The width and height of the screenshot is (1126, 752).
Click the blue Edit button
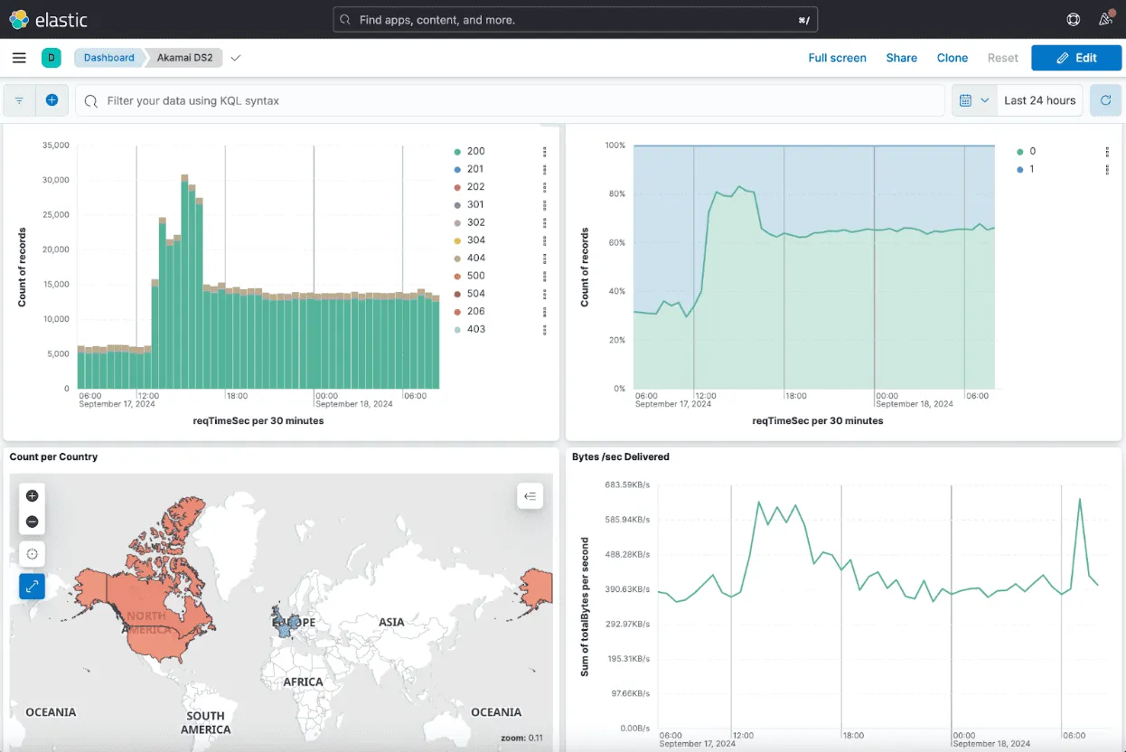pos(1075,58)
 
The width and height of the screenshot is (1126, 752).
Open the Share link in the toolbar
pos(901,58)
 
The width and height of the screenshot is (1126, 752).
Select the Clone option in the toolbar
pos(952,58)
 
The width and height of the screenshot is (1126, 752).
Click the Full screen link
pos(837,58)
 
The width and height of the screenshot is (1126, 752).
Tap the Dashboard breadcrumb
pos(108,58)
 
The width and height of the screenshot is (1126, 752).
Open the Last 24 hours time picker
pos(1039,100)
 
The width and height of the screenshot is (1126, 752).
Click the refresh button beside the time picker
pos(1105,100)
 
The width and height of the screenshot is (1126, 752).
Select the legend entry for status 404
pos(475,258)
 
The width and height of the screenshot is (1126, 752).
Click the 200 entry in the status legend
pos(475,152)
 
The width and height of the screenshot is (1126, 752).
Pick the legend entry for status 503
pos(475,294)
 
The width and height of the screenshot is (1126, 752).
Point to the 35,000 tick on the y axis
pos(55,145)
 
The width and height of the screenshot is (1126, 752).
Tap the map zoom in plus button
pos(33,496)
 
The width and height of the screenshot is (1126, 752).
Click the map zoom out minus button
pos(33,522)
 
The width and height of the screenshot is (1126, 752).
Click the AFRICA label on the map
pos(303,682)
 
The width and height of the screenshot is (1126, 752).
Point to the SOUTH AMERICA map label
pos(205,722)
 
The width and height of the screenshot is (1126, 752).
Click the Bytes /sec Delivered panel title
pos(620,457)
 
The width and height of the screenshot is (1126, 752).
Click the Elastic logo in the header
pos(49,19)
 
